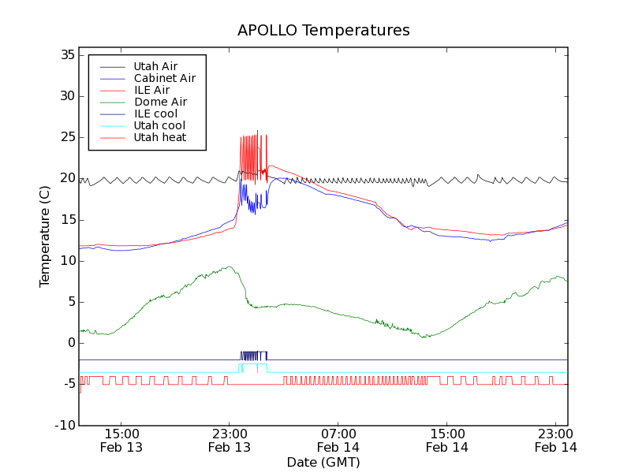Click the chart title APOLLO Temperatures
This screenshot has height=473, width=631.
[323, 31]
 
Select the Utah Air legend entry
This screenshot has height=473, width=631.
[155, 66]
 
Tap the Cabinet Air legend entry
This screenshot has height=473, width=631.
[164, 78]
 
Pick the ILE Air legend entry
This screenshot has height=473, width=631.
[151, 90]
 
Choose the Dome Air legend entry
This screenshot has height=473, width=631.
[160, 102]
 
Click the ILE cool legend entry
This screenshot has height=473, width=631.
[155, 114]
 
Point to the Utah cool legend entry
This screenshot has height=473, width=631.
[159, 125]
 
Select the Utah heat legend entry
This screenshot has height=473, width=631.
[159, 137]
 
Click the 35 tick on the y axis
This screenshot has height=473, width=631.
[68, 55]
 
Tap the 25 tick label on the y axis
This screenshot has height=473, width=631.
[68, 137]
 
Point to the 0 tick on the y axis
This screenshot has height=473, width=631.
[71, 343]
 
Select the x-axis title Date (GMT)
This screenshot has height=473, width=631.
[323, 462]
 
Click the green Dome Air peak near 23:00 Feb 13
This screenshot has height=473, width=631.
[229, 266]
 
